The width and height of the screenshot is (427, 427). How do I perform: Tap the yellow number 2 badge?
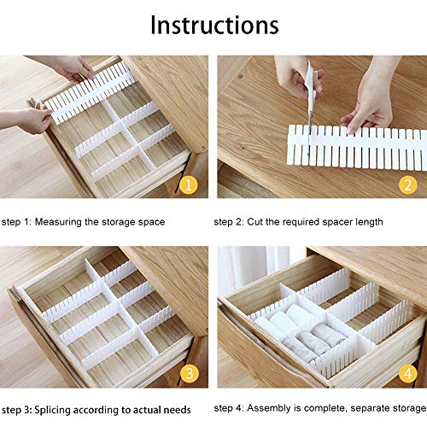tap(407, 184)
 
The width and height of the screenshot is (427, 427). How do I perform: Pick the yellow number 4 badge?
tap(407, 373)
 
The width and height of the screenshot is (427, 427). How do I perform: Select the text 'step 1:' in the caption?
tap(18, 222)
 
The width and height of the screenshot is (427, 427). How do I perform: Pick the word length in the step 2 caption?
tap(368, 222)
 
